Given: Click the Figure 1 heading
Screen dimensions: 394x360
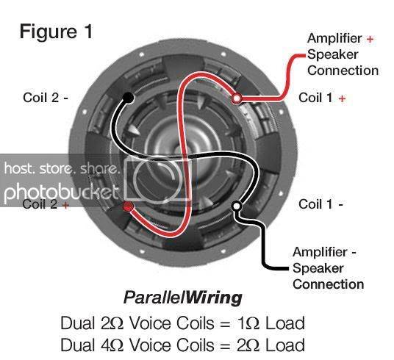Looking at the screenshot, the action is click(x=56, y=32).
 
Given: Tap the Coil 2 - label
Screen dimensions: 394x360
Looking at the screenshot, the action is click(x=46, y=98).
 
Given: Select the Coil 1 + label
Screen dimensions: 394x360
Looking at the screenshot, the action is click(x=322, y=98).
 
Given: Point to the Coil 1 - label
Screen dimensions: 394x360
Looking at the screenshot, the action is click(x=321, y=204).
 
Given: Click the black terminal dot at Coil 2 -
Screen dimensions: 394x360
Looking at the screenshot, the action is click(x=128, y=98).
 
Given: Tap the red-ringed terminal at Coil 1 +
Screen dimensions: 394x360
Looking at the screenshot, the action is click(x=237, y=98).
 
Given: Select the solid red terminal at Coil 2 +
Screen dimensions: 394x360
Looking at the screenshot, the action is click(x=128, y=206).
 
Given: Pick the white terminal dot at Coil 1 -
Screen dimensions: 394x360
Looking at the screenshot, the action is click(x=237, y=206).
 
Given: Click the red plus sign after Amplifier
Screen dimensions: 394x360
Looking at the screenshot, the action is click(x=370, y=39).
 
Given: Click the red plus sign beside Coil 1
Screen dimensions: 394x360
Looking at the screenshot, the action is click(x=342, y=98).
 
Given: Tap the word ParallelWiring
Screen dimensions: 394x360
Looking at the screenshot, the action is click(x=183, y=298).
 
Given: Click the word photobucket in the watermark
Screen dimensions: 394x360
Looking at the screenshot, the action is click(x=61, y=193).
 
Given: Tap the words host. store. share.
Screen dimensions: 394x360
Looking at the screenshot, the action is click(x=61, y=168).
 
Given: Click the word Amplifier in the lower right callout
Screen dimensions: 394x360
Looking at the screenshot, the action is click(x=320, y=252).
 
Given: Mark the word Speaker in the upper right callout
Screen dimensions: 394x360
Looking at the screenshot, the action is click(x=333, y=55).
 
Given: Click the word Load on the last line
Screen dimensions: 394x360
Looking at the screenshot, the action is click(x=285, y=345).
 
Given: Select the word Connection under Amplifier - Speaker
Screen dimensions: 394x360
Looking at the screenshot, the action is click(x=328, y=284).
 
